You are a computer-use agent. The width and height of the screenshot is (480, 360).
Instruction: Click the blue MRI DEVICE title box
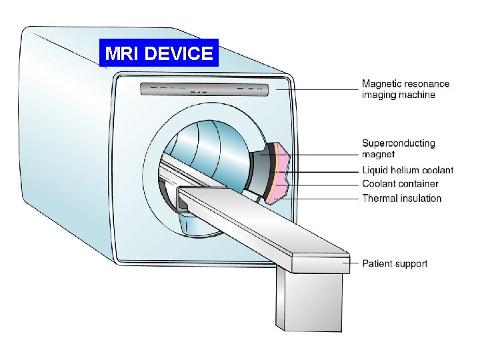tap(158, 53)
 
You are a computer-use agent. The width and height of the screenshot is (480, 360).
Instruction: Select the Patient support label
tap(395, 264)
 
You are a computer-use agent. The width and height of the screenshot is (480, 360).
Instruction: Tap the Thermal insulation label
tap(401, 198)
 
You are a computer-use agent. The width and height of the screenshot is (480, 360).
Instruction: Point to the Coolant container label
tap(400, 184)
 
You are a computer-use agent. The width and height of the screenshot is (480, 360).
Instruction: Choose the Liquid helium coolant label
tap(407, 170)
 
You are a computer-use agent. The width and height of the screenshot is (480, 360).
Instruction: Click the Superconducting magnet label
tap(398, 149)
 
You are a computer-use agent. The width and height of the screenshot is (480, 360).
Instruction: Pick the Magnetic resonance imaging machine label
tap(405, 89)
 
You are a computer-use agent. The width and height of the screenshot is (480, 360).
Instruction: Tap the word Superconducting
tap(398, 143)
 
